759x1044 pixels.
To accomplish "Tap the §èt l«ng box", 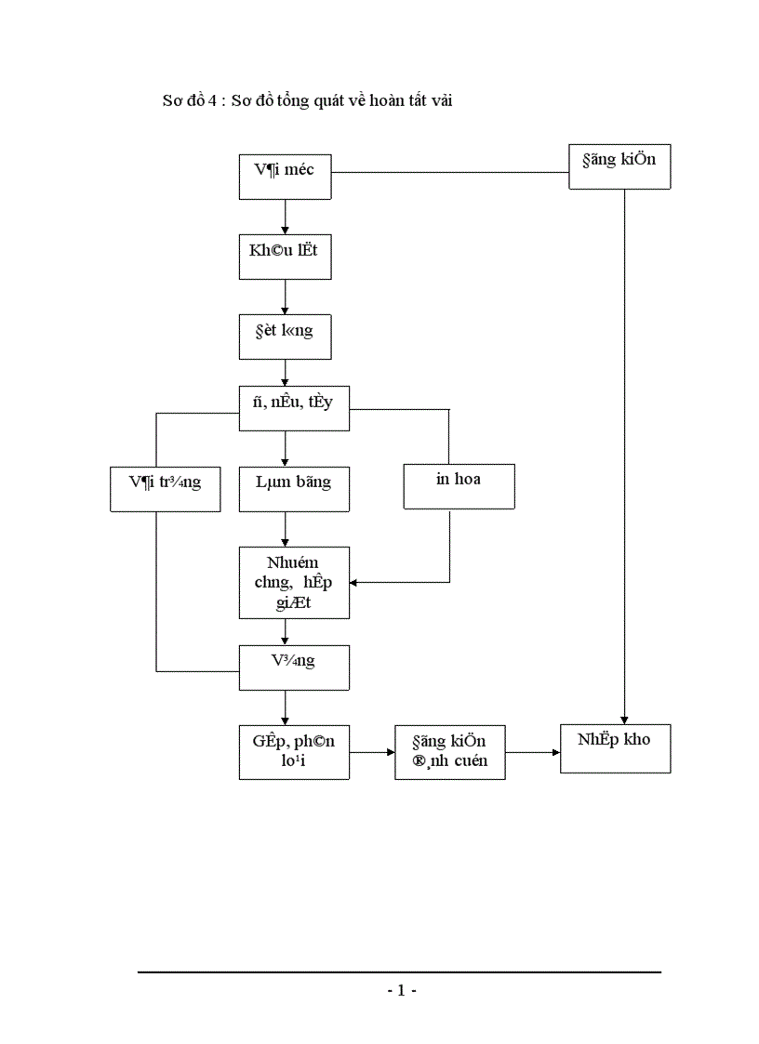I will (285, 336).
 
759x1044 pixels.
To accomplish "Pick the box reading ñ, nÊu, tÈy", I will (295, 408).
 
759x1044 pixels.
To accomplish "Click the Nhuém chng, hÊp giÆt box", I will (295, 583).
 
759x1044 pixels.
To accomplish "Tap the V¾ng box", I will (295, 667).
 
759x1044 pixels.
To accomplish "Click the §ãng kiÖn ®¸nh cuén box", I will (450, 752).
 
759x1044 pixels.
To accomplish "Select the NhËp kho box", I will (615, 747).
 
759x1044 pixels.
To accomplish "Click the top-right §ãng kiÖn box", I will (619, 167).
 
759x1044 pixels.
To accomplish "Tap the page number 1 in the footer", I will (401, 991).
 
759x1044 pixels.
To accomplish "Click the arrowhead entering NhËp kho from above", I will (624, 717).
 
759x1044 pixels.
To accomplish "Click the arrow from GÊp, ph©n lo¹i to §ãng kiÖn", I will (372, 752).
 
